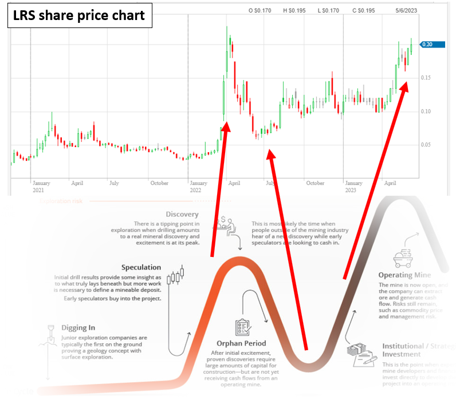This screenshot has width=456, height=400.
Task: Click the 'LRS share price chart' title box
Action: coord(79,15)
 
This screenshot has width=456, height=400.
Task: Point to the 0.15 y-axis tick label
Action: coord(426,78)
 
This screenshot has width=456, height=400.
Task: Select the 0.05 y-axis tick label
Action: coord(426,144)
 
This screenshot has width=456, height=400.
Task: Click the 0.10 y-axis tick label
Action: coord(426,111)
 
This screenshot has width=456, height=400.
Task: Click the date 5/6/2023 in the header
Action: coord(406,10)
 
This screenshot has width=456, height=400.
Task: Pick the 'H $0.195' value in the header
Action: coord(294,10)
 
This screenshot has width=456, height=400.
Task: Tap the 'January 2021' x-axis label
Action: coord(41,187)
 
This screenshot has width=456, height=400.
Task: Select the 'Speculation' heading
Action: coord(141,267)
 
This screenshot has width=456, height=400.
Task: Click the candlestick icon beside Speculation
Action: coord(177,277)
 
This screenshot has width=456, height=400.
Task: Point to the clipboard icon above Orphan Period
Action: coord(242,327)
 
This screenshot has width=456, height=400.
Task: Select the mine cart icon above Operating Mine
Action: coord(404,259)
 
